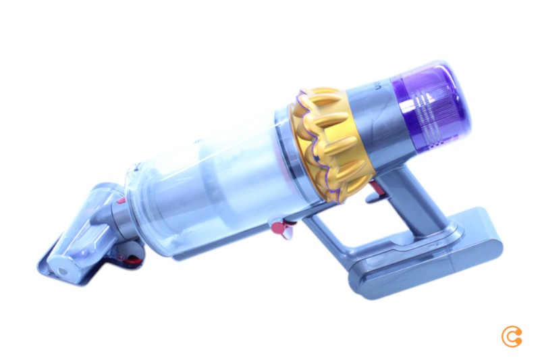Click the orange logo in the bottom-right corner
(511, 336)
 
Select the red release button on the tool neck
(119, 201)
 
